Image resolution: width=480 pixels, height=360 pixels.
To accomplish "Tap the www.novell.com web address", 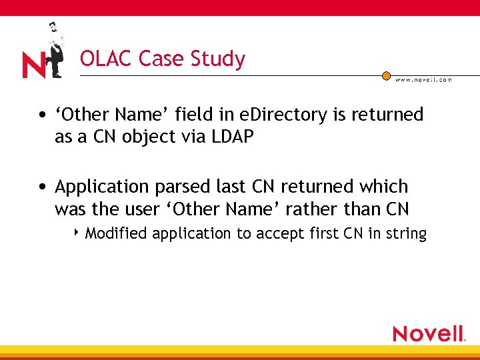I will pyautogui.click(x=423, y=79).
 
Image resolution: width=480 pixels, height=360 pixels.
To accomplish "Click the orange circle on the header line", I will pyautogui.click(x=386, y=76).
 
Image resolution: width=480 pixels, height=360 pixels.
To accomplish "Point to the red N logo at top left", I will pyautogui.click(x=33, y=65).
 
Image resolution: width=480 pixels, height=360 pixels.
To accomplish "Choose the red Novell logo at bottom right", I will pyautogui.click(x=428, y=333).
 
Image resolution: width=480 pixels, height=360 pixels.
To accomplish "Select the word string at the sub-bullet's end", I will pyautogui.click(x=408, y=234).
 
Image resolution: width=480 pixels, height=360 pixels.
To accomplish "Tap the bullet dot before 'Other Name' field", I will pyautogui.click(x=42, y=115).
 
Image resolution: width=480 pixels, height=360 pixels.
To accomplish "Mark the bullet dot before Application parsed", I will pyautogui.click(x=42, y=187).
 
